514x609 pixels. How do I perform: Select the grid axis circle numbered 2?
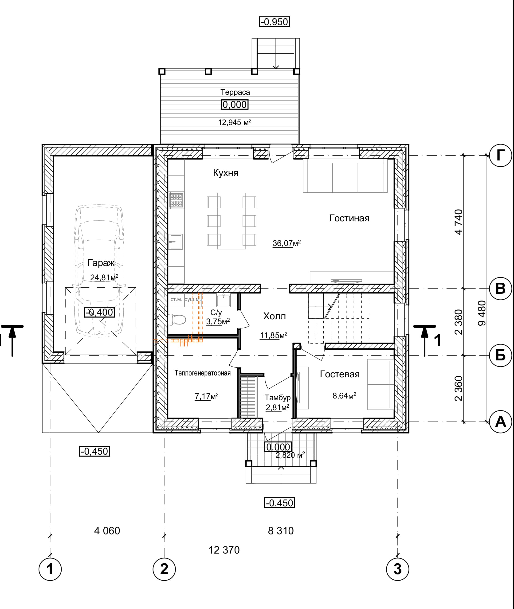pos(164,569)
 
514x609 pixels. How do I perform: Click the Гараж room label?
pos(101,263)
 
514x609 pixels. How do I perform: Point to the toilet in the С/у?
pos(177,320)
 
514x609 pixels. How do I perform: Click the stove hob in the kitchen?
pos(176,200)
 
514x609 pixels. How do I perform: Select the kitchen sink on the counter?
pos(175,242)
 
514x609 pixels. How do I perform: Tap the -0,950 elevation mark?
pos(275,22)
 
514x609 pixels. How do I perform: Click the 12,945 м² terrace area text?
pos(235,122)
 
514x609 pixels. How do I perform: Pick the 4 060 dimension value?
pos(107,531)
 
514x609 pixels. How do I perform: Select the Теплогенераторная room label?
pos(203,373)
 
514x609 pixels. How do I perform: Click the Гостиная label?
pos(349,218)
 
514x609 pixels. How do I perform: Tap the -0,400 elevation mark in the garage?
pos(99,312)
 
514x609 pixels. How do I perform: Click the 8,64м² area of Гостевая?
pos(344,395)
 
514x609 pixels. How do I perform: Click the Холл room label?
pos(275,316)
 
